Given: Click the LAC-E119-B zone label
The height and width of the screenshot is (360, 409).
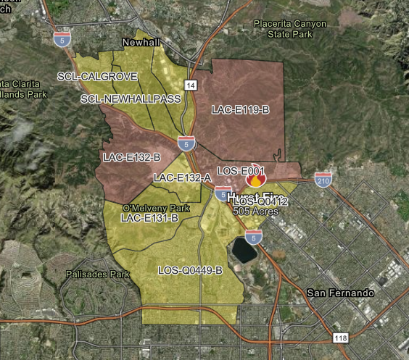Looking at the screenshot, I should (241, 110).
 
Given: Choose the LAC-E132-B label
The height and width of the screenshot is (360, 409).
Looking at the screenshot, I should (132, 156).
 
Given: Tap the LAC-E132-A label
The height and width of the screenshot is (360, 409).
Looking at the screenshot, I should (182, 177).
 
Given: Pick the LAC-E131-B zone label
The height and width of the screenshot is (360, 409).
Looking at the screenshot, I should (149, 217).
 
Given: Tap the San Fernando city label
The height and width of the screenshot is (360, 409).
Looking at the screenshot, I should (339, 293).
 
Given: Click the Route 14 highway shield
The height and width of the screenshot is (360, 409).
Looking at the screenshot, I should (191, 85).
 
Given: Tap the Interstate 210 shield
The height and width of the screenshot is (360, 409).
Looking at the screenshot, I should (323, 180).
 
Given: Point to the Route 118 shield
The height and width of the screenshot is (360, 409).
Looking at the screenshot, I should (340, 338).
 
